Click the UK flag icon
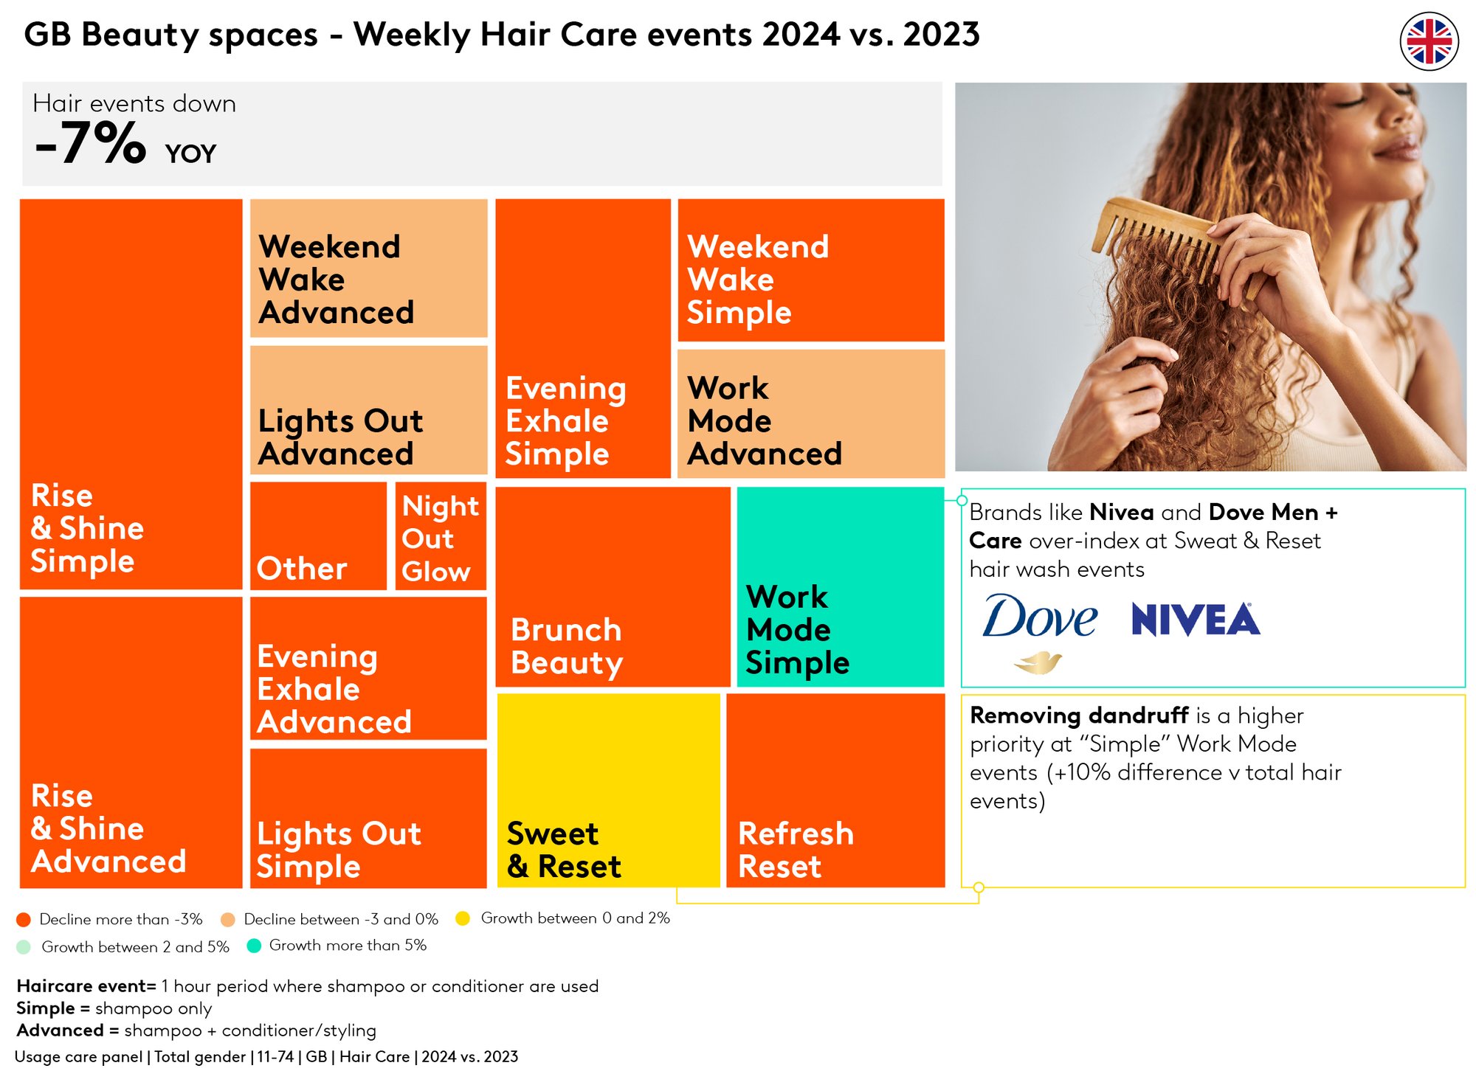[1429, 41]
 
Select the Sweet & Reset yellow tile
[608, 790]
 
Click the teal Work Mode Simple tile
[841, 587]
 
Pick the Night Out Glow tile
[441, 536]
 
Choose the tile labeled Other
[318, 536]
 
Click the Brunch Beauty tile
[613, 587]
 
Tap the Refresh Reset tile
[835, 790]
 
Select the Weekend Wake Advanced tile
[369, 268]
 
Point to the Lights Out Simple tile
[368, 818]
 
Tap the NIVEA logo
[1196, 620]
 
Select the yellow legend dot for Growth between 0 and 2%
[463, 918]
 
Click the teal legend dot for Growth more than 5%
[254, 946]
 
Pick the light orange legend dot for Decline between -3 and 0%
[227, 919]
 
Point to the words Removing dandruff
[1079, 716]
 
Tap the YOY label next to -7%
[190, 153]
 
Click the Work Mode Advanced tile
[811, 414]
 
